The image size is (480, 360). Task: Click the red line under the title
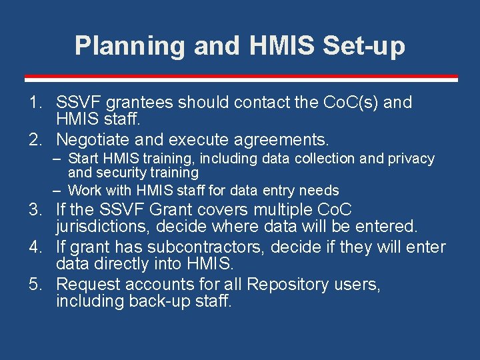coord(240,77)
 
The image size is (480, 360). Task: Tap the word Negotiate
coord(93,140)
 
